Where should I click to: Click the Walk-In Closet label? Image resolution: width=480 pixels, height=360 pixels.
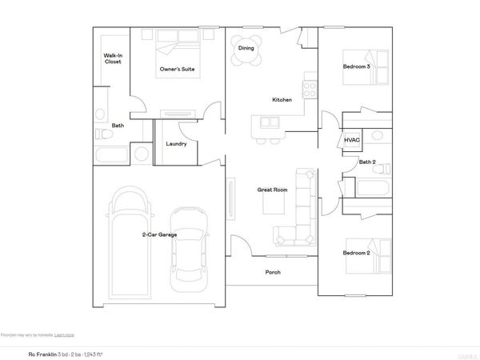(x=112, y=58)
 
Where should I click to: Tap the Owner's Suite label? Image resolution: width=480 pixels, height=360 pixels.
(x=178, y=70)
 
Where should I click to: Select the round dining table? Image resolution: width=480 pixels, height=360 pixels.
(x=246, y=48)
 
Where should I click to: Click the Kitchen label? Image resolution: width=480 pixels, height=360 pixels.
(x=282, y=100)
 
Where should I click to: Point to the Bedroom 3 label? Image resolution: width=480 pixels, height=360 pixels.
(x=356, y=66)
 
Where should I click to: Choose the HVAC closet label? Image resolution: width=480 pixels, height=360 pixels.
(x=352, y=139)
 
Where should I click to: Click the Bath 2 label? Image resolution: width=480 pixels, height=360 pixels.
(x=367, y=162)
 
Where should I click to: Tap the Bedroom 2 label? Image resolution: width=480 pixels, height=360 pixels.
(x=356, y=253)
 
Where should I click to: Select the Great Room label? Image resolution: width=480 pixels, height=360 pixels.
(x=272, y=190)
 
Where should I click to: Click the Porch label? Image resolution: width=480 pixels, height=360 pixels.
(x=273, y=272)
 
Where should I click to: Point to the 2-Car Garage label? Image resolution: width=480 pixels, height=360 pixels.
(x=160, y=234)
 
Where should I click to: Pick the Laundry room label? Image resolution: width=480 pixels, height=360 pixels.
(x=176, y=144)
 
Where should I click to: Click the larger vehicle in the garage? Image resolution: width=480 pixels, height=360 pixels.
(x=129, y=240)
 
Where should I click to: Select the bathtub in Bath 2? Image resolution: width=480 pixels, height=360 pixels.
(x=372, y=189)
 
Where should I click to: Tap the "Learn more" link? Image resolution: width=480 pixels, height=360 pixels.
(x=65, y=334)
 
